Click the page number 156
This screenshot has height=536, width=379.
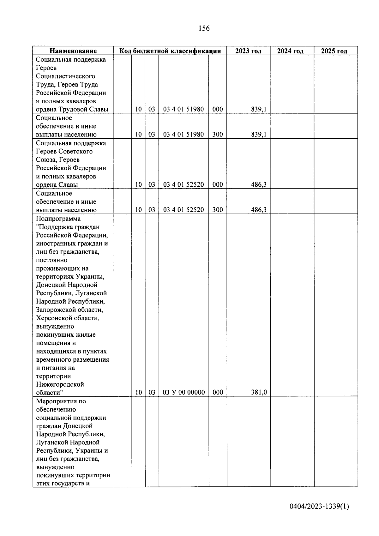pos(204,28)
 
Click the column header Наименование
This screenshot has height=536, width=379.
pos(73,51)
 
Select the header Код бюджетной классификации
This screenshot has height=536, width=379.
pos(170,51)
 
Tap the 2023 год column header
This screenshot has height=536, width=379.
pos(248,51)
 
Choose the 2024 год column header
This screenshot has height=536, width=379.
pos(290,51)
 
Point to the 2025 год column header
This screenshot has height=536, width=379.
pos(334,51)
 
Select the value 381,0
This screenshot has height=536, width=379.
pos(259,392)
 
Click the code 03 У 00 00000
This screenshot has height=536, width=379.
pos(183,392)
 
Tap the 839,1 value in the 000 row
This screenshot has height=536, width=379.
pos(259,109)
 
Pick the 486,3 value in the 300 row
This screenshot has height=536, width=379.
pos(259,210)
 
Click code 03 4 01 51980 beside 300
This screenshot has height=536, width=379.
pos(183,134)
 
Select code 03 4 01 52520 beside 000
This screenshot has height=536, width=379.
pos(183,184)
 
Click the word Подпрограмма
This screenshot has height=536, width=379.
pos(58,219)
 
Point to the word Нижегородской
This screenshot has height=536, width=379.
pos(60,384)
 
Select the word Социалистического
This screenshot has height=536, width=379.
pos(65,76)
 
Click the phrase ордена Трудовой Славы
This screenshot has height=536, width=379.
pos(72,109)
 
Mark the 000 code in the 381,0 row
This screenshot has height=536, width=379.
pos(218,392)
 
